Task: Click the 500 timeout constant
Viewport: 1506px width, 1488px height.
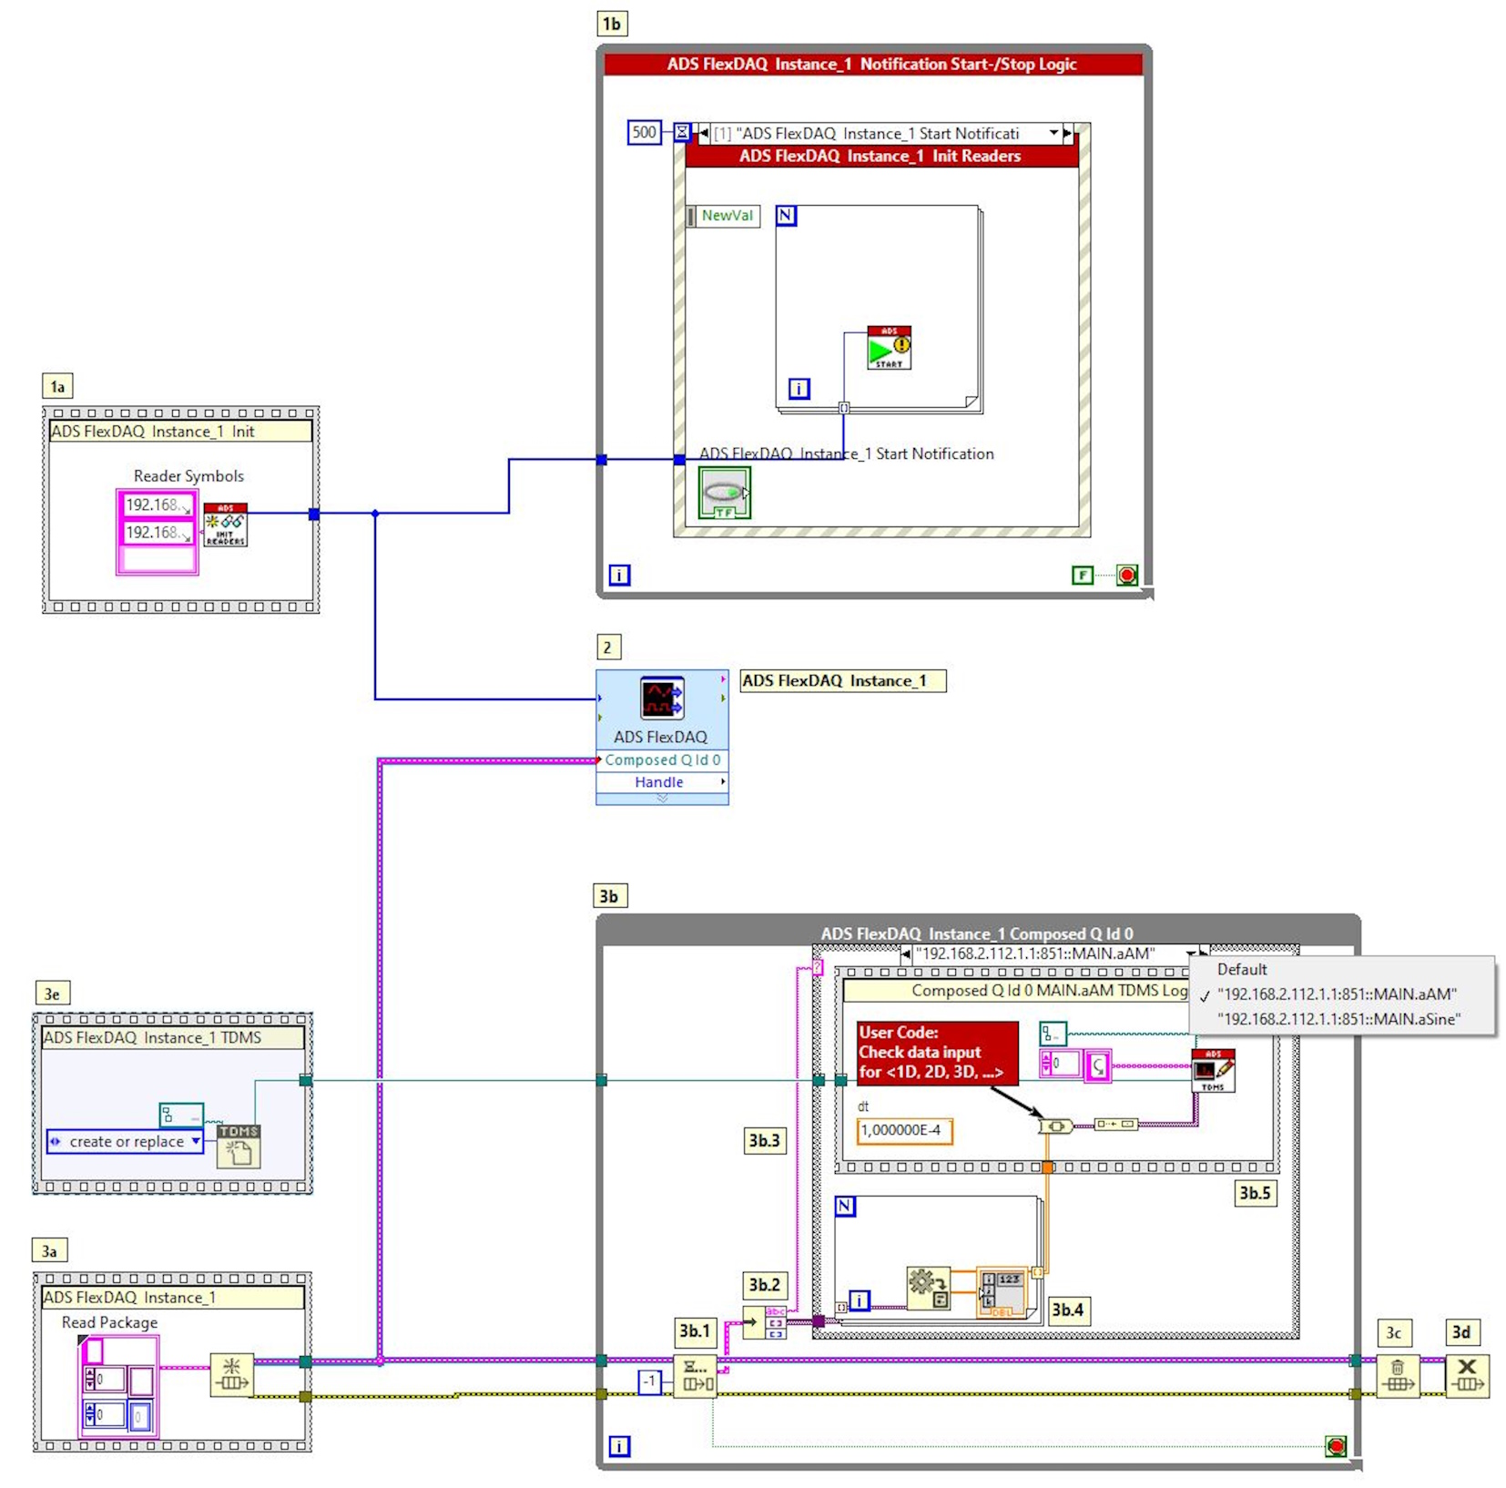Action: coord(644,132)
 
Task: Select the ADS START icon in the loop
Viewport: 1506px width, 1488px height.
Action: coord(889,348)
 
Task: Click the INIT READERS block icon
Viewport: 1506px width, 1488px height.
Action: coord(225,525)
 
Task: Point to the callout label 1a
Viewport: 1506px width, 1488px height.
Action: coord(57,386)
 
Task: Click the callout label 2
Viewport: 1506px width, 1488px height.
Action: coord(607,647)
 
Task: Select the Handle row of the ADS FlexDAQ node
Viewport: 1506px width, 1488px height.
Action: coord(660,782)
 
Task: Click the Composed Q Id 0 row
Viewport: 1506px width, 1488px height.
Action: coord(662,759)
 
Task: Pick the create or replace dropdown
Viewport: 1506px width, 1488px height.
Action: coord(126,1141)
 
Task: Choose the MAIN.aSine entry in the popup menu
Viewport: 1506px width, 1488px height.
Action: coord(1338,1019)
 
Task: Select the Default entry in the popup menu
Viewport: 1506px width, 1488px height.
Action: coord(1242,970)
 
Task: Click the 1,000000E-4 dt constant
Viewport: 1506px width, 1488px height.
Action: coord(904,1130)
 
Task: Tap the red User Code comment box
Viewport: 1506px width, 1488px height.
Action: coord(936,1052)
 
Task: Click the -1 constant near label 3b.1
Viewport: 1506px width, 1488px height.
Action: coord(649,1381)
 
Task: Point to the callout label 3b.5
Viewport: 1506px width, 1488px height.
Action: coord(1255,1193)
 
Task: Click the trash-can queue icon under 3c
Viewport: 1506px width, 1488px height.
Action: coord(1397,1376)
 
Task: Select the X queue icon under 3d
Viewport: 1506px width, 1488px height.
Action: coord(1466,1376)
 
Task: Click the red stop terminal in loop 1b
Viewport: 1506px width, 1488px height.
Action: coord(1127,575)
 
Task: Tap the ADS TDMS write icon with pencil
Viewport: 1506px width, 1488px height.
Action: coord(1213,1070)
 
